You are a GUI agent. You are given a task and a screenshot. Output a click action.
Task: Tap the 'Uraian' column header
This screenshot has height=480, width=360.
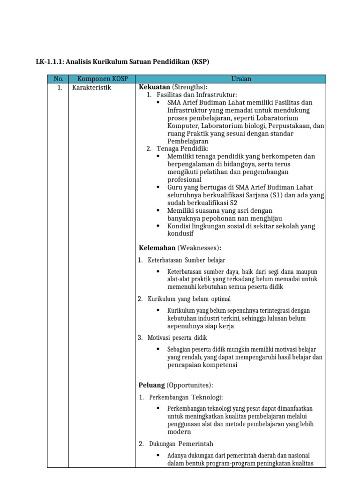pyautogui.click(x=241, y=79)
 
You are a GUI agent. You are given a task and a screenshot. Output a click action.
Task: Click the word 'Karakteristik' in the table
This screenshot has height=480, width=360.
pyautogui.click(x=91, y=87)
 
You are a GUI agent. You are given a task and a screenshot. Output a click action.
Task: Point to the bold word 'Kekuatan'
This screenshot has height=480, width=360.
pyautogui.click(x=154, y=87)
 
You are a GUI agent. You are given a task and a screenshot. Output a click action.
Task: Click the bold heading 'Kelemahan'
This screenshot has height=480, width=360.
pyautogui.click(x=157, y=247)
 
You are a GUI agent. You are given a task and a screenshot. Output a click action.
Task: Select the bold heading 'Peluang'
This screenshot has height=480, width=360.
pyautogui.click(x=151, y=385)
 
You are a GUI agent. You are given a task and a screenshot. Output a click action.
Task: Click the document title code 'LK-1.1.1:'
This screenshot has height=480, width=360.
pyautogui.click(x=51, y=61)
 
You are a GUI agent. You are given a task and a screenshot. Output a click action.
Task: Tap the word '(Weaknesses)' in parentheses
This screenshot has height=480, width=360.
pyautogui.click(x=199, y=247)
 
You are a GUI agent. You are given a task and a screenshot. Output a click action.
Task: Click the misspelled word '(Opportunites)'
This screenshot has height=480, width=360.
pyautogui.click(x=189, y=385)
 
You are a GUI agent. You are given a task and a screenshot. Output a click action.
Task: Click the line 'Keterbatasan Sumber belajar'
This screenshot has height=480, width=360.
pyautogui.click(x=187, y=260)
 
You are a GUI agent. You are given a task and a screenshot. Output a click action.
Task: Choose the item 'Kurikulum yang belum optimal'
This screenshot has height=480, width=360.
pyautogui.click(x=189, y=299)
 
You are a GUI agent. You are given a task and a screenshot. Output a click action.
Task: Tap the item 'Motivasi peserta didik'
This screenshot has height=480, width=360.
pyautogui.click(x=177, y=337)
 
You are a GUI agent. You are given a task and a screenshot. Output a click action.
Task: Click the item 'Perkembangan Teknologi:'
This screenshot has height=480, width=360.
pyautogui.click(x=183, y=397)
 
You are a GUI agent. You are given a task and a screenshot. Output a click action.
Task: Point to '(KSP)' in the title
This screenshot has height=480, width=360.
pyautogui.click(x=199, y=61)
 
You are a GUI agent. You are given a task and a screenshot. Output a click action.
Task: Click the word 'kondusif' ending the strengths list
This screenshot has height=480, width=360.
pyautogui.click(x=180, y=233)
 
